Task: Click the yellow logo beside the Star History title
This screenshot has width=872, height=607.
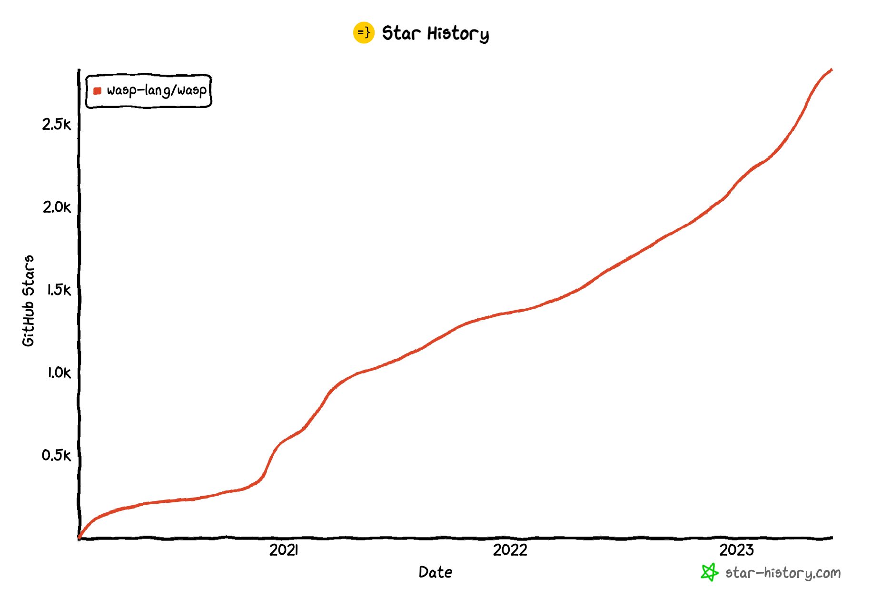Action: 364,33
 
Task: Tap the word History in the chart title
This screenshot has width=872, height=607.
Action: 458,34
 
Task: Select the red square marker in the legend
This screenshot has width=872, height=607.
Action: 98,91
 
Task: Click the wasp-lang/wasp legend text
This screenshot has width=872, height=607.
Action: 157,90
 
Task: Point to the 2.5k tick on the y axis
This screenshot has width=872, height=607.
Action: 56,125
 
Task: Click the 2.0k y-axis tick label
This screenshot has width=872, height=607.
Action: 56,207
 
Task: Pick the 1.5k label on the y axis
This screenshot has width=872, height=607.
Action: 58,290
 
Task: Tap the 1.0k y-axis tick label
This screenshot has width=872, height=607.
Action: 58,372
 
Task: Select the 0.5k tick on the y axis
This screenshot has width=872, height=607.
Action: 56,455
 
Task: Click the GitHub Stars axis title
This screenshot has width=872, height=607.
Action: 29,301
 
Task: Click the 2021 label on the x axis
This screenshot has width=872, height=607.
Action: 284,550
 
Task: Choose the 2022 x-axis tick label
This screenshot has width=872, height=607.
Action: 510,550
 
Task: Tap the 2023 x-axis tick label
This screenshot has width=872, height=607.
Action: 736,550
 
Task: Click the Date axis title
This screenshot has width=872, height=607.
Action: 435,572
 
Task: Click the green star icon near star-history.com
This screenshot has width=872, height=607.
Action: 709,572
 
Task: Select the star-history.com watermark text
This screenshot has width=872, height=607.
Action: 783,573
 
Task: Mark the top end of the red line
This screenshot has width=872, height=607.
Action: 831,70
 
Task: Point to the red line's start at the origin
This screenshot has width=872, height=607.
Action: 79,538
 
